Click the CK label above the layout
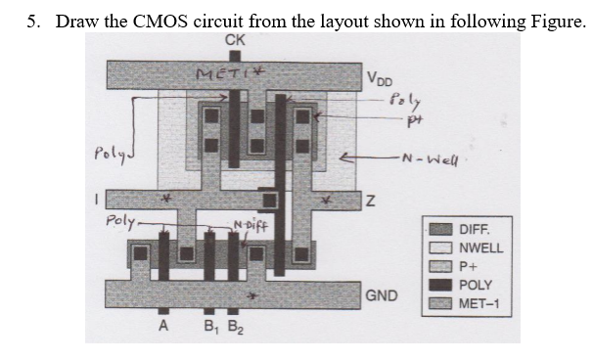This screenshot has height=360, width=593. [x=235, y=39]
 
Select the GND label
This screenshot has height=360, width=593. [x=380, y=293]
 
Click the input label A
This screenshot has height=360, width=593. [x=163, y=328]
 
